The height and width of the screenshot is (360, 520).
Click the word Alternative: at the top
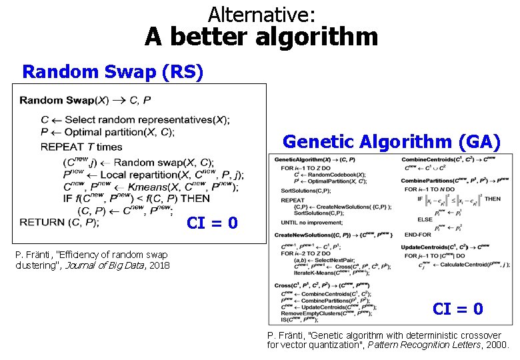coord(261,13)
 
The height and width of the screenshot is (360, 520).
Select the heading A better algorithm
coord(261,37)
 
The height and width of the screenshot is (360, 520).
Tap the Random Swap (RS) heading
coord(113,71)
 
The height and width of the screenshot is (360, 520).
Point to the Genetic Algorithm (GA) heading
coord(392,141)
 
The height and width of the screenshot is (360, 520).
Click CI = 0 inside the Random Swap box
coord(212,223)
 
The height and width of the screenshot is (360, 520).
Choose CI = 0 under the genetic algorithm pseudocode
coord(457,309)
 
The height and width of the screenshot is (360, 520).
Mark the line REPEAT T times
coord(81,147)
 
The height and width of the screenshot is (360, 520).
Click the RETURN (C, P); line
coord(59,222)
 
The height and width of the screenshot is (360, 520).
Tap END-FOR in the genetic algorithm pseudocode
coord(417,234)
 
